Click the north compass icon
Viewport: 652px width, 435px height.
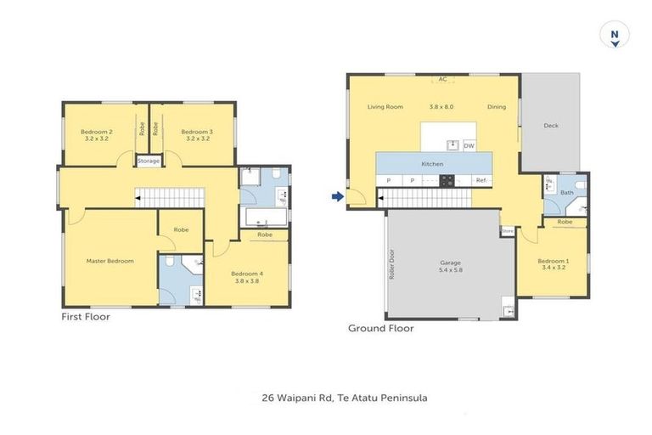[x=614, y=37]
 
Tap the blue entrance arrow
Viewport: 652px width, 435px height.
[x=338, y=197]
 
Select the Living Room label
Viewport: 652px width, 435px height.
[x=385, y=108]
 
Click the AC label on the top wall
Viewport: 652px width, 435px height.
[x=442, y=81]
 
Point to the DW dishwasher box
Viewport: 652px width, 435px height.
[x=469, y=145]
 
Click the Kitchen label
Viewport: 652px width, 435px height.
[x=433, y=163]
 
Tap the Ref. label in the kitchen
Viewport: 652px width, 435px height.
[x=481, y=180]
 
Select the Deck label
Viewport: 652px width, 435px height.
[x=551, y=126]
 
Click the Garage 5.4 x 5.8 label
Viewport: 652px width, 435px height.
[x=450, y=267]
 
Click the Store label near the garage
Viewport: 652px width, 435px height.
[x=508, y=230]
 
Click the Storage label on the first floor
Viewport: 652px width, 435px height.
[x=148, y=160]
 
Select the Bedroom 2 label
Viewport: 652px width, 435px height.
[x=97, y=134]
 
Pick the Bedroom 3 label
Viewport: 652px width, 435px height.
[x=197, y=134]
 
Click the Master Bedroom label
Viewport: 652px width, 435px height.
[x=110, y=261]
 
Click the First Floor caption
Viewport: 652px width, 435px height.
[x=86, y=316]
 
